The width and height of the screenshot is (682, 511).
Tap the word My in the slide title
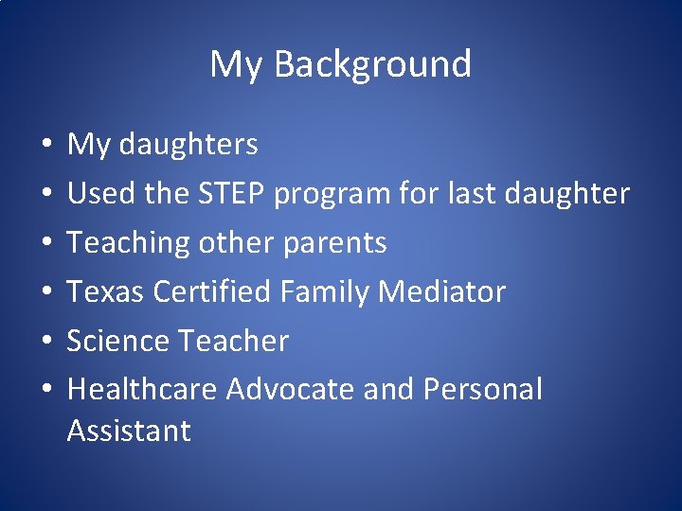point(232,65)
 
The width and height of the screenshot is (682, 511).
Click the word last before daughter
point(451,194)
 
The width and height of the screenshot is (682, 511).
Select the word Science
point(116,341)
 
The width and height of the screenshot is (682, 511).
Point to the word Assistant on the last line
point(129,432)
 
